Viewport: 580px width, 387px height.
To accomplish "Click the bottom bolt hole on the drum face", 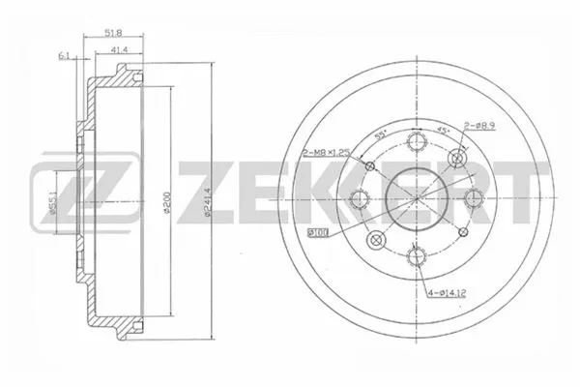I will coord(417,255).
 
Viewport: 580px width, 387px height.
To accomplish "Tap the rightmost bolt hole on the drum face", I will coord(473,198).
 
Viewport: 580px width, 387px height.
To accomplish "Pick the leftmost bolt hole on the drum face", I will coord(361,199).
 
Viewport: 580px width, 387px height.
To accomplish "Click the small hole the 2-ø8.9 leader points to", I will coord(456,160).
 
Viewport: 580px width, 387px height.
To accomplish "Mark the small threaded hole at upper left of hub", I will coord(370,166).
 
